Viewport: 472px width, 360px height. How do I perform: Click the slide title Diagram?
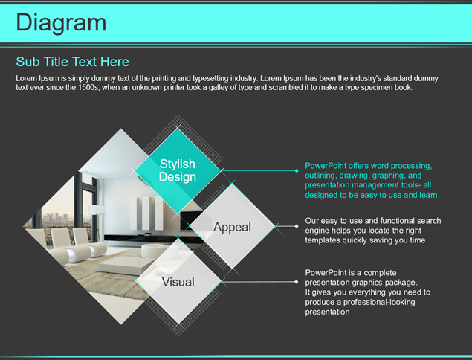[x=61, y=23]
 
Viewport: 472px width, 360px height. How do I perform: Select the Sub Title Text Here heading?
[x=72, y=62]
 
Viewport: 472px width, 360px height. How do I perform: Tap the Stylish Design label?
[x=178, y=170]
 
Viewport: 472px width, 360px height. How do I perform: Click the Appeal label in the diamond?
[x=232, y=227]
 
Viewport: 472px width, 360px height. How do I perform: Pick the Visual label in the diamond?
[x=178, y=282]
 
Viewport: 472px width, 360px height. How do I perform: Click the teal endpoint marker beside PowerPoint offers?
[x=297, y=170]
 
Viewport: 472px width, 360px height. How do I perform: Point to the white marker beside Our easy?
[x=297, y=226]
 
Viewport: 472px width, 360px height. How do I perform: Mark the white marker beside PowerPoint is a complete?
[x=297, y=282]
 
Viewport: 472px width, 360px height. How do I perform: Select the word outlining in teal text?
[x=320, y=176]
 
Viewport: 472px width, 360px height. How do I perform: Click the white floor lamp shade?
[x=97, y=210]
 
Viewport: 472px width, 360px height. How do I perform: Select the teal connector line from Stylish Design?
[x=259, y=170]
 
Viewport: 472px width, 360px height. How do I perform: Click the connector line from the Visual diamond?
[x=259, y=282]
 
